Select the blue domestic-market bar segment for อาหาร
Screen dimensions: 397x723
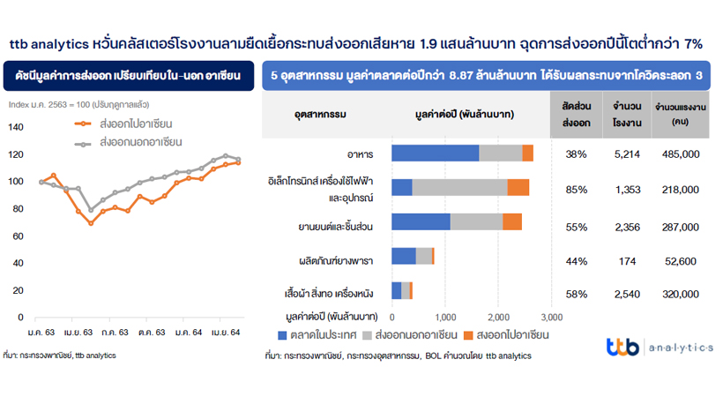435,154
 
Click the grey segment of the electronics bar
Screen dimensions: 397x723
459,187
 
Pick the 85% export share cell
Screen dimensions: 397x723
577,188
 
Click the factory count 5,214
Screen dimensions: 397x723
627,154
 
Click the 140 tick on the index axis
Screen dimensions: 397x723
17,127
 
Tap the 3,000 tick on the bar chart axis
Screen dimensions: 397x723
551,316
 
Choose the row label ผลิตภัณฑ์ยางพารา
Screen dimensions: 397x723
336,261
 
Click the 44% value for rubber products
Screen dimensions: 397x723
577,261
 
